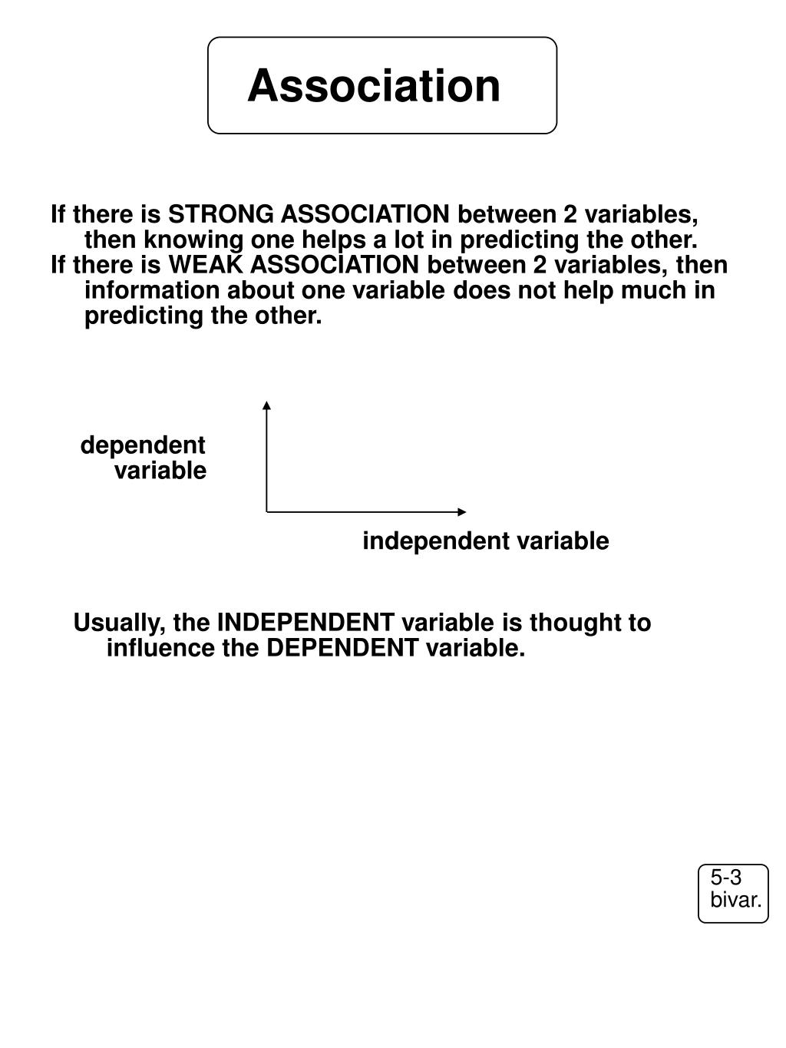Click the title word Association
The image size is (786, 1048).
pos(374,85)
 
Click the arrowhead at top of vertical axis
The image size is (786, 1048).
pos(266,405)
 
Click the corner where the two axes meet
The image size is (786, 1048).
pos(267,511)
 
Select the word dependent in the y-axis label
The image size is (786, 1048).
pos(143,445)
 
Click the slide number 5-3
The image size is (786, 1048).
pos(725,878)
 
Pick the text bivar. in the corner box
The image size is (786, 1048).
pos(735,901)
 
